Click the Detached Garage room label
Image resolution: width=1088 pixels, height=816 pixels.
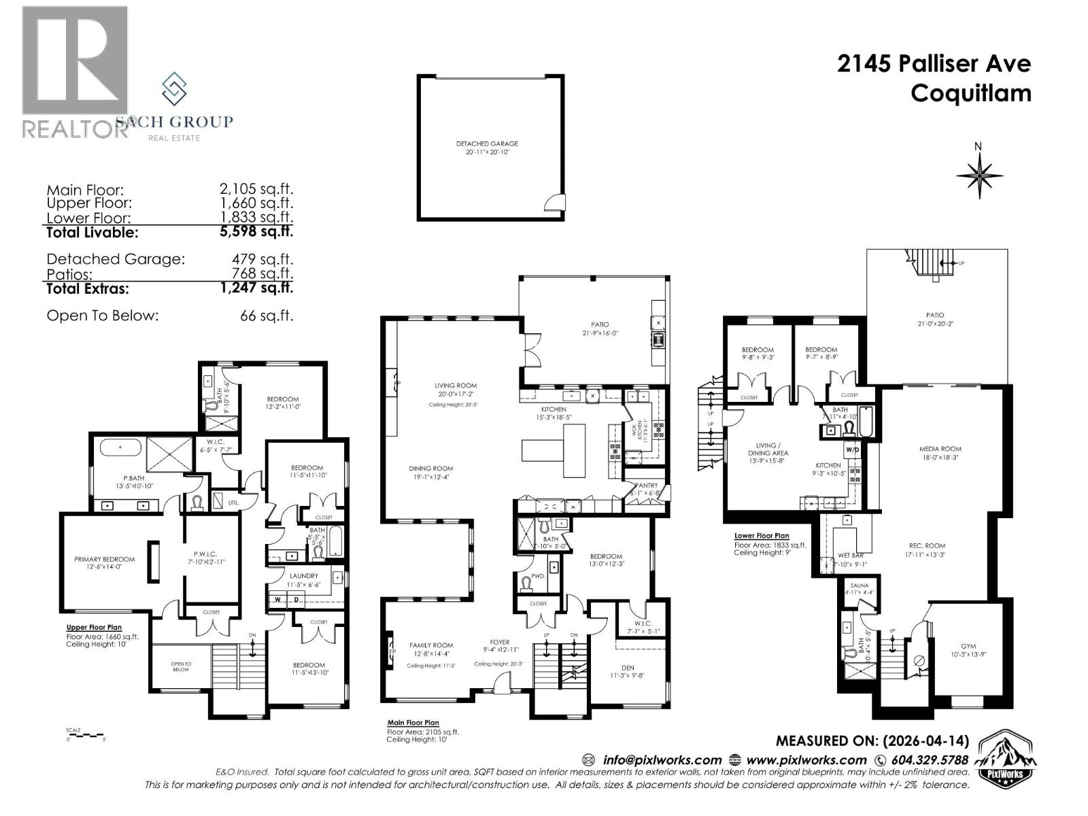487,144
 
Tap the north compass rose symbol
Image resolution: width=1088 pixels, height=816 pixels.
979,174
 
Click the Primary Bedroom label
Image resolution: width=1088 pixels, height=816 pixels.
104,559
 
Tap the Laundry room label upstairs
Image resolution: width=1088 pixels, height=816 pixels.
303,576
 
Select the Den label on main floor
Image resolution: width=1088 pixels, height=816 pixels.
629,668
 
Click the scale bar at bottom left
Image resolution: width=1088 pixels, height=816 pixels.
85,735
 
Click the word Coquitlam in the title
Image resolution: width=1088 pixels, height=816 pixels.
970,93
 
